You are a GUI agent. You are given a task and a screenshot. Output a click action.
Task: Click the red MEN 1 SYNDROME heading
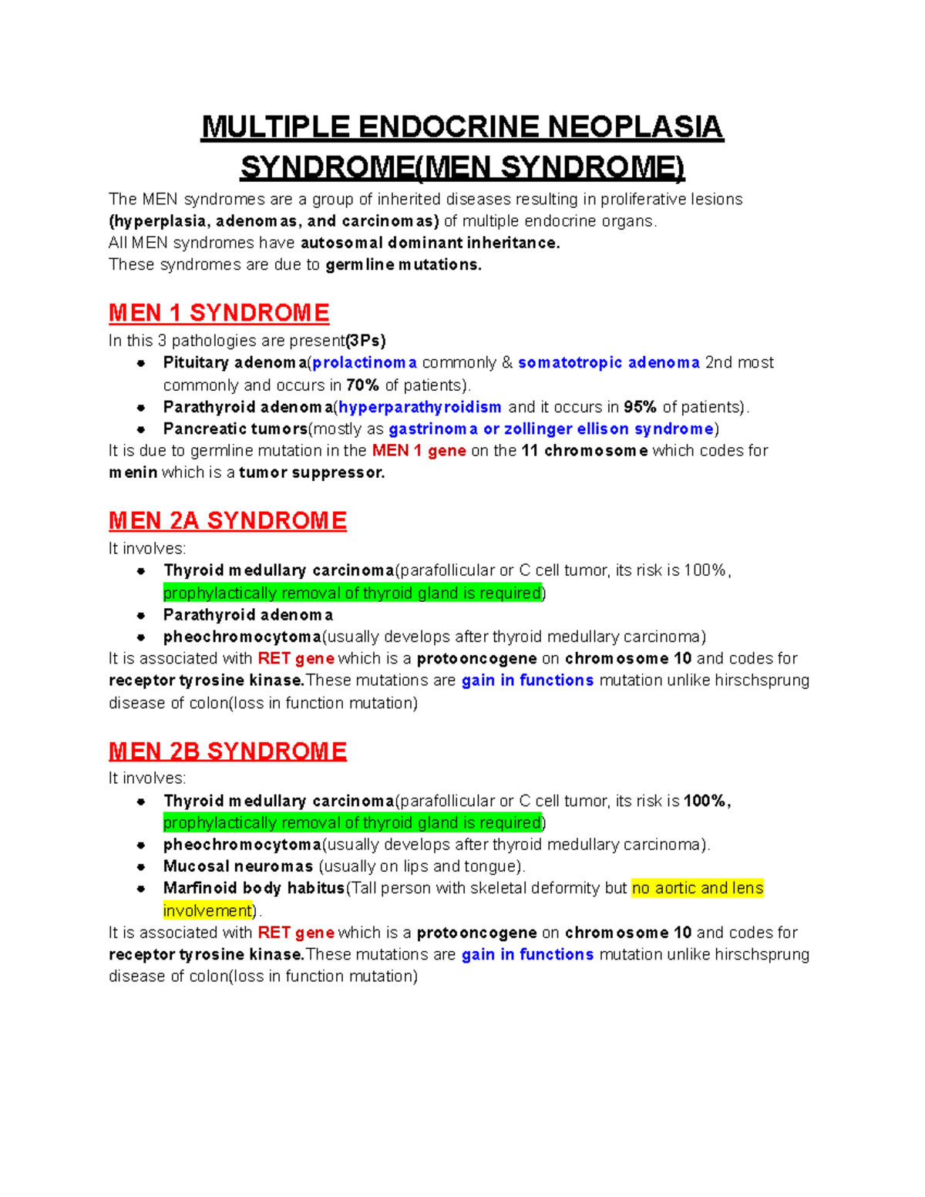219,313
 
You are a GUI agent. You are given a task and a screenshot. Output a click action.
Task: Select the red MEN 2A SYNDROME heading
227,521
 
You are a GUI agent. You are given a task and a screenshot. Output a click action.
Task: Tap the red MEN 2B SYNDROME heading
227,751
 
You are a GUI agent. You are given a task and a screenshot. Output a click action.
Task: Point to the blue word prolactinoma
365,363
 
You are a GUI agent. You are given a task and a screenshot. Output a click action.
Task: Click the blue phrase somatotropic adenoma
608,363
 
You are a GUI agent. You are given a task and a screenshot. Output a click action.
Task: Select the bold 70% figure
362,385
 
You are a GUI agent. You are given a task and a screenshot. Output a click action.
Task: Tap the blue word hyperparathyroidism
420,407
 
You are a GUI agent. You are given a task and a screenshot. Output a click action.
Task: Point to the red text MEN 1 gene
419,451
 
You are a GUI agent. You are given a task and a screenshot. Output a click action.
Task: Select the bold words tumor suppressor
311,472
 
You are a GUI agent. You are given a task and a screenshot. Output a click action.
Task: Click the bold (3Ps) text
365,341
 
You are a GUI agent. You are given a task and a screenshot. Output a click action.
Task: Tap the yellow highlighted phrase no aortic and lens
698,888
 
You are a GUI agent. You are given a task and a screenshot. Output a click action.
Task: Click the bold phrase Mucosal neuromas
237,866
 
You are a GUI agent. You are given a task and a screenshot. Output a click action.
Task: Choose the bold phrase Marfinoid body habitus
254,888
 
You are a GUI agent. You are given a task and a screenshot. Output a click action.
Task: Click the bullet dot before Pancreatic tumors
141,429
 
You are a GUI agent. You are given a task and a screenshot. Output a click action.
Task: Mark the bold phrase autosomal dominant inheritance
430,243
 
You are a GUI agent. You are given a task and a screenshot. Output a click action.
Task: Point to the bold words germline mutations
403,264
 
